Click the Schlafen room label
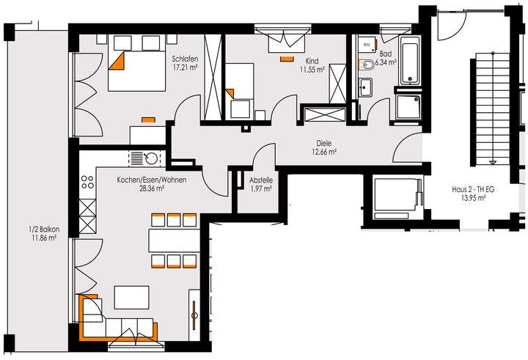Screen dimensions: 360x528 coord(183,59)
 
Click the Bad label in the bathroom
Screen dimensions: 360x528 coord(386,54)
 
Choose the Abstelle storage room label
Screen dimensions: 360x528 coord(261,180)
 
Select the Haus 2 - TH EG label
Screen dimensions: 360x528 coord(473,190)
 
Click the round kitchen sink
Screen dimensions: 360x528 coord(152,157)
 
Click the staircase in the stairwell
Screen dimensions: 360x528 coord(487,117)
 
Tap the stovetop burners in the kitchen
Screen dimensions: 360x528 coord(87,180)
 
